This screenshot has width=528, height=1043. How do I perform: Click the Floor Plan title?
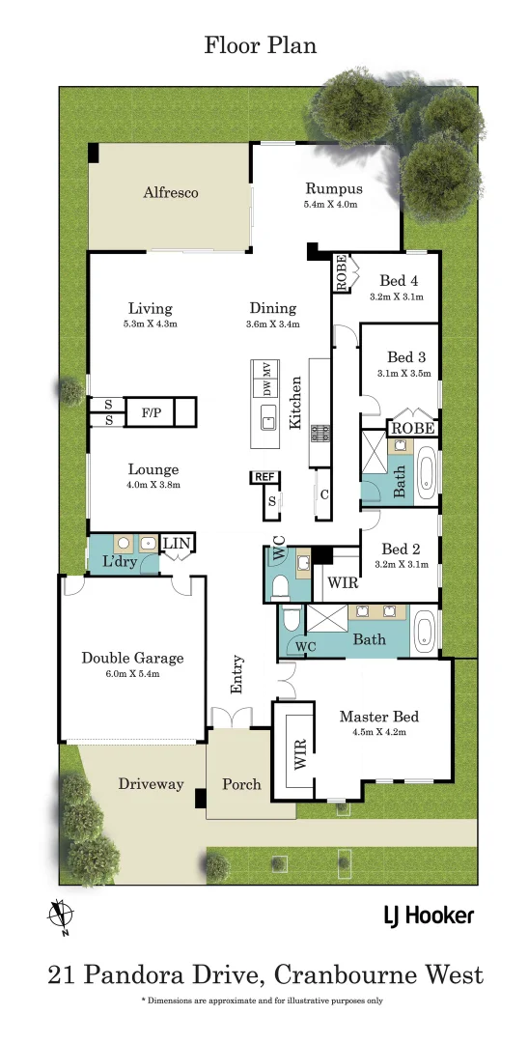point(260,45)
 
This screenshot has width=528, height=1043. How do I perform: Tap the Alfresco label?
point(171,192)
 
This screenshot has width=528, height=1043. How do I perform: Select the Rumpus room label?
point(333,189)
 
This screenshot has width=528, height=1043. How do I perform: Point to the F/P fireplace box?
point(152,412)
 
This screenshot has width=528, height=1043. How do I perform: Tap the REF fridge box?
point(264,477)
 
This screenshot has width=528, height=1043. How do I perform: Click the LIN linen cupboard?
point(176,546)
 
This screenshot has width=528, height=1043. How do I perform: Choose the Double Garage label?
point(132,658)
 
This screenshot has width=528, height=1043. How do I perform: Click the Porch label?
point(241,783)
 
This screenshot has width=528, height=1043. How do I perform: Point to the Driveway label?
point(151,783)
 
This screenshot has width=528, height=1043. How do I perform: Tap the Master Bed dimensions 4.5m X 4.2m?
point(379,732)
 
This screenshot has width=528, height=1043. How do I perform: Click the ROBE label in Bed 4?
point(341,273)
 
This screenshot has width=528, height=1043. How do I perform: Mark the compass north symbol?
point(60,915)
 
